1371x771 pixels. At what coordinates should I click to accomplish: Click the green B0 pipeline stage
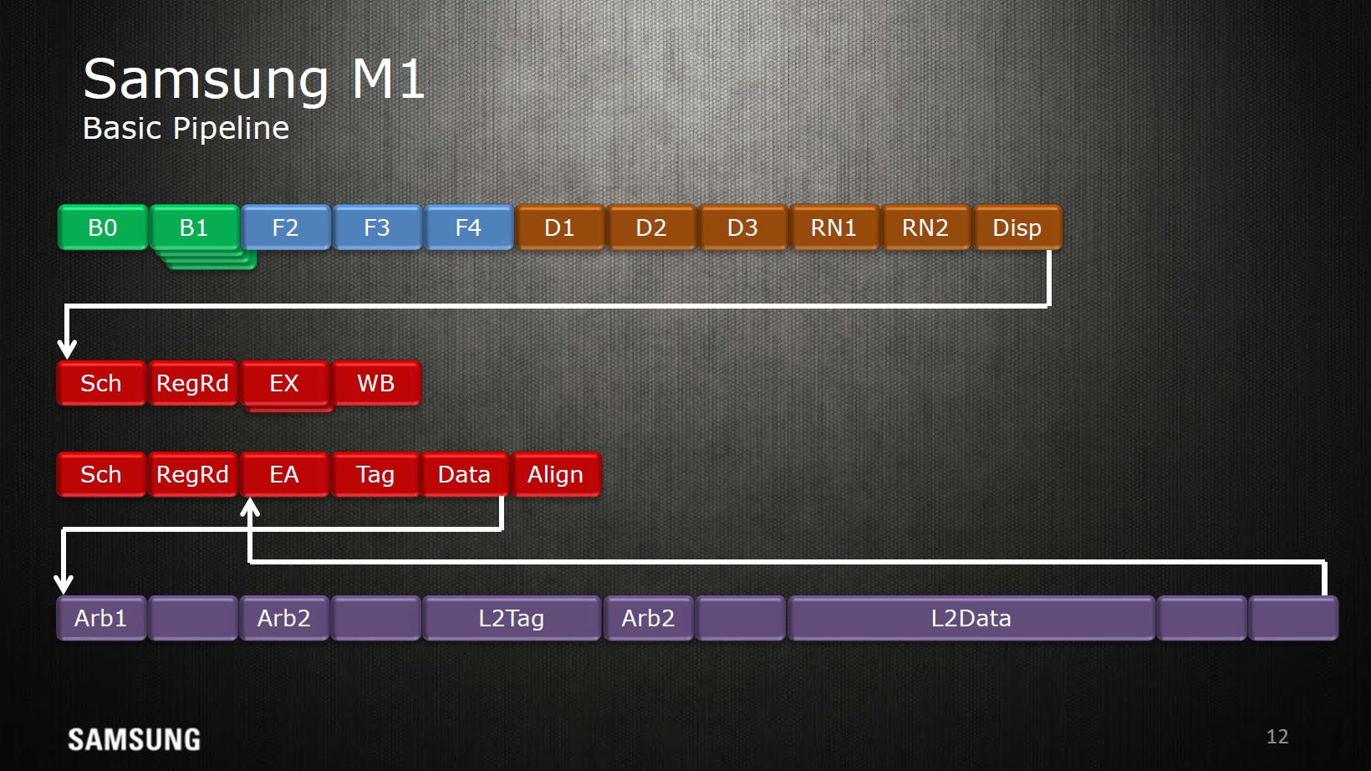click(103, 227)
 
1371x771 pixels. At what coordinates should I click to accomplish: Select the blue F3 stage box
click(377, 227)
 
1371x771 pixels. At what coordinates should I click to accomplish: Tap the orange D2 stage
click(651, 227)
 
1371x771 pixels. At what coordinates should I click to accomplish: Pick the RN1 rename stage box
click(833, 227)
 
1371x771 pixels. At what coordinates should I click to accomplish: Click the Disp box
click(1017, 227)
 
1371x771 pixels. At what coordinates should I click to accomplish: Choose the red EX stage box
click(284, 383)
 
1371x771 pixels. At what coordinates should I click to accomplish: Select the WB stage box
click(376, 383)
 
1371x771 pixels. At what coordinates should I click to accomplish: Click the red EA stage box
click(284, 475)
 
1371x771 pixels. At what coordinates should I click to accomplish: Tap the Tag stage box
click(375, 475)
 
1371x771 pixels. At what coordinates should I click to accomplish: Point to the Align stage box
click(556, 475)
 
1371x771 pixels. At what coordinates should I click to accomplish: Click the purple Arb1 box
click(102, 618)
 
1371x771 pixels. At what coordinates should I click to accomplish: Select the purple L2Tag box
click(512, 618)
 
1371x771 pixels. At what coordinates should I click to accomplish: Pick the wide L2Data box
click(971, 618)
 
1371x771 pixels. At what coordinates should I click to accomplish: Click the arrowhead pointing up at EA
click(250, 507)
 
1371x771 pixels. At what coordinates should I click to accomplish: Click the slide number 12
click(1277, 736)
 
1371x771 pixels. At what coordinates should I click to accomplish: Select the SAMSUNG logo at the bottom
click(134, 740)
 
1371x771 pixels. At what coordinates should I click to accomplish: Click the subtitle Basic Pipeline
click(186, 128)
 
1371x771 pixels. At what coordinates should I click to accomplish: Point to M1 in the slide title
click(388, 79)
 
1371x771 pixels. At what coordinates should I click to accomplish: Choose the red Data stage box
click(465, 475)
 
